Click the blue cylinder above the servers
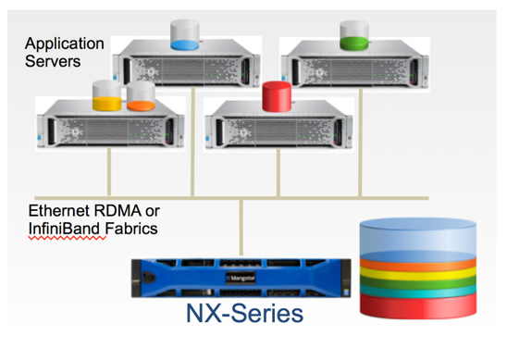184,35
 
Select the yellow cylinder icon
106,94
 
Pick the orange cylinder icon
141,95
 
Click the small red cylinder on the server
275,96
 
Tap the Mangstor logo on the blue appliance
241,275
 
